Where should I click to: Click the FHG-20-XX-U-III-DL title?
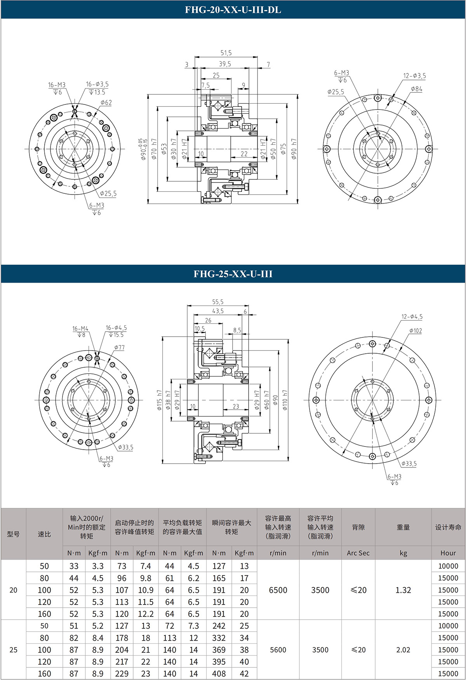click(233, 10)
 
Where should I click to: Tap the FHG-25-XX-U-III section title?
click(233, 274)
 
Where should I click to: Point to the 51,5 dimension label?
click(226, 53)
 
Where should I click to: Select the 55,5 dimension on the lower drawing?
click(218, 302)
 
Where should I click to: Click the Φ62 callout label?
click(106, 102)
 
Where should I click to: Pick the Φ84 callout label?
click(417, 89)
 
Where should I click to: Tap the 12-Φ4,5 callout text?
click(412, 317)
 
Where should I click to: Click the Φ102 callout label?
click(416, 331)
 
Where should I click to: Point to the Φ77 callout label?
click(119, 347)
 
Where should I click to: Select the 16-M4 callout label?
click(80, 328)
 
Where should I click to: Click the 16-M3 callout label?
click(57, 85)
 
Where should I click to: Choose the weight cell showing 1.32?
click(403, 590)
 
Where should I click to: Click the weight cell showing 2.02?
click(403, 650)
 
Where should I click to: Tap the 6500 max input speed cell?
click(278, 590)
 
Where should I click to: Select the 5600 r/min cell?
click(278, 650)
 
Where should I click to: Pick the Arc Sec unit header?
click(358, 553)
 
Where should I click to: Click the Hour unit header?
click(448, 553)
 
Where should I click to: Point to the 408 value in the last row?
click(219, 674)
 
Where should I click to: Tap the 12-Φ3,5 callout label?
click(414, 76)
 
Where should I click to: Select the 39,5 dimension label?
click(225, 64)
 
